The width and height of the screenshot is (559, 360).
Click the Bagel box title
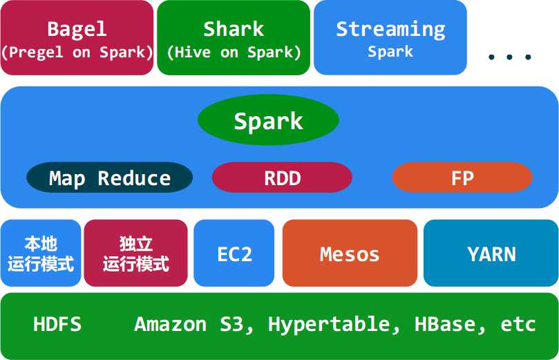click(77, 29)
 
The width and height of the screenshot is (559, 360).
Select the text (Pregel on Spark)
click(77, 53)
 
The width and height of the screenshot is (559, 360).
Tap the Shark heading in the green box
click(234, 29)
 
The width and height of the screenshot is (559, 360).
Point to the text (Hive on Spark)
click(234, 53)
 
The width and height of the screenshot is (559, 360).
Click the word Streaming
click(390, 30)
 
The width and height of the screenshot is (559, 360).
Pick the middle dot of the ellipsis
click(509, 57)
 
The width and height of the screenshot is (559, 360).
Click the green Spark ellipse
click(268, 120)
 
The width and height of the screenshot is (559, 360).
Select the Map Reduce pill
click(110, 178)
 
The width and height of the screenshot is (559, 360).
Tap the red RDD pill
click(282, 178)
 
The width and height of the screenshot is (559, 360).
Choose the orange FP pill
click(462, 178)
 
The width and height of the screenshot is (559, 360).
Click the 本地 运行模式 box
click(41, 253)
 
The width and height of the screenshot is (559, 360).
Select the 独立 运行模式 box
click(136, 253)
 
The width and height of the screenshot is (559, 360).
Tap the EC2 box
click(234, 253)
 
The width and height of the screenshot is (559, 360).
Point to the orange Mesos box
click(350, 253)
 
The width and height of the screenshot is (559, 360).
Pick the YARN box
click(491, 253)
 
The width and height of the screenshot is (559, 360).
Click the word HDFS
click(57, 324)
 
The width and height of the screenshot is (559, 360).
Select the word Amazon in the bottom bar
click(171, 324)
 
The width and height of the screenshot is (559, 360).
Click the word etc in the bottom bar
click(518, 325)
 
